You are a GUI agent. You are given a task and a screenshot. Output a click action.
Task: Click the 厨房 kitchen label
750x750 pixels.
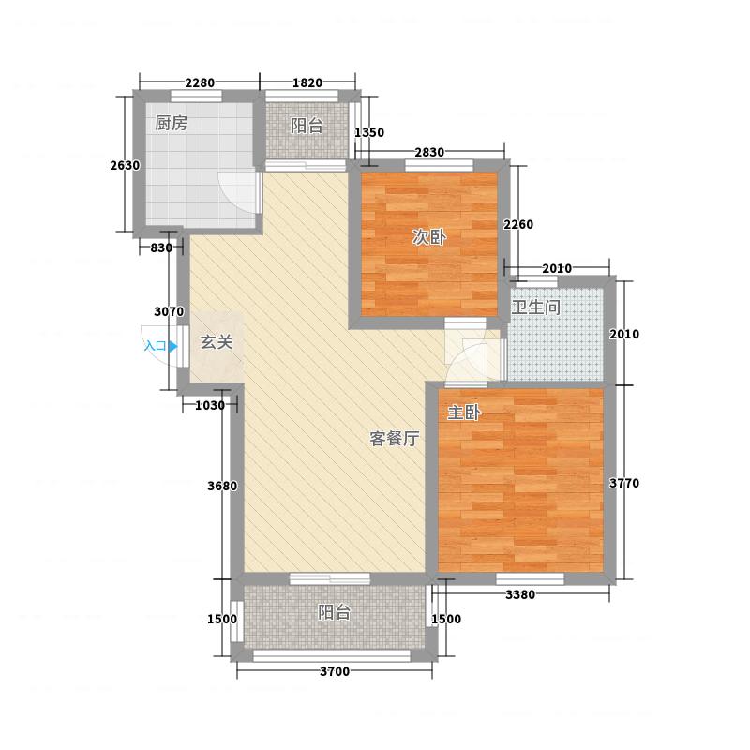point(171,124)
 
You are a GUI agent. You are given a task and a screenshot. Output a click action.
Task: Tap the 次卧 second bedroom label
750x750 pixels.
point(429,237)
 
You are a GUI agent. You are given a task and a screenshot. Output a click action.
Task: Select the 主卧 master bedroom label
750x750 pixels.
point(464,412)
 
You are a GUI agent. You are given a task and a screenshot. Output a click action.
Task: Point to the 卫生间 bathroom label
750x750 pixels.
point(535,307)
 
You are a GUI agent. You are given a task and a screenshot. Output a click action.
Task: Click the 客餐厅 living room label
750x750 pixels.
point(395,438)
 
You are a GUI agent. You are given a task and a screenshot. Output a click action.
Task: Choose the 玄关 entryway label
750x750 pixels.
point(217,342)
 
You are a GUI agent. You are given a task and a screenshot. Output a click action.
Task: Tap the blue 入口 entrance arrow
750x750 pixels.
point(173,346)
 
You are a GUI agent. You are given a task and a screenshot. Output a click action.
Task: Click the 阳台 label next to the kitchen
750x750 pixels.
point(307,126)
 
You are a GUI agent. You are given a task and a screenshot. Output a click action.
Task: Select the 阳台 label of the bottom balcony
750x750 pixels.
point(335,612)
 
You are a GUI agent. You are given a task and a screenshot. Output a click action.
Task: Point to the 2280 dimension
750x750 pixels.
point(200,82)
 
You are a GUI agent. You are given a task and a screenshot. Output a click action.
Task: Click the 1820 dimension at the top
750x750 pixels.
point(307,82)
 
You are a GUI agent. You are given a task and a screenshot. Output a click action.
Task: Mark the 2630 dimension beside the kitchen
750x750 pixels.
point(125,166)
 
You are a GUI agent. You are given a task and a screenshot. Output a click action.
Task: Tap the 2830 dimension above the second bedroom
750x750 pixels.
point(429,152)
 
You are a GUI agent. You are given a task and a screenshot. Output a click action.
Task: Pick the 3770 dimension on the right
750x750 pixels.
point(624,483)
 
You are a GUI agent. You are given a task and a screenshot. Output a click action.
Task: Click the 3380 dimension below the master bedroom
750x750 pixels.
point(520,595)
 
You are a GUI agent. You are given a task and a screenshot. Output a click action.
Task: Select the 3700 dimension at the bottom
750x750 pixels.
point(335,671)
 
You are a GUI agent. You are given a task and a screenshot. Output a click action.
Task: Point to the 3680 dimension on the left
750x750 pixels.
point(222,486)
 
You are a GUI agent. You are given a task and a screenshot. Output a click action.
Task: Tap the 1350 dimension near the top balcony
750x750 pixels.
point(369,132)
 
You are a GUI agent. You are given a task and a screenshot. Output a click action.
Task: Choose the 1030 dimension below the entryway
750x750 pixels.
point(209,406)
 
